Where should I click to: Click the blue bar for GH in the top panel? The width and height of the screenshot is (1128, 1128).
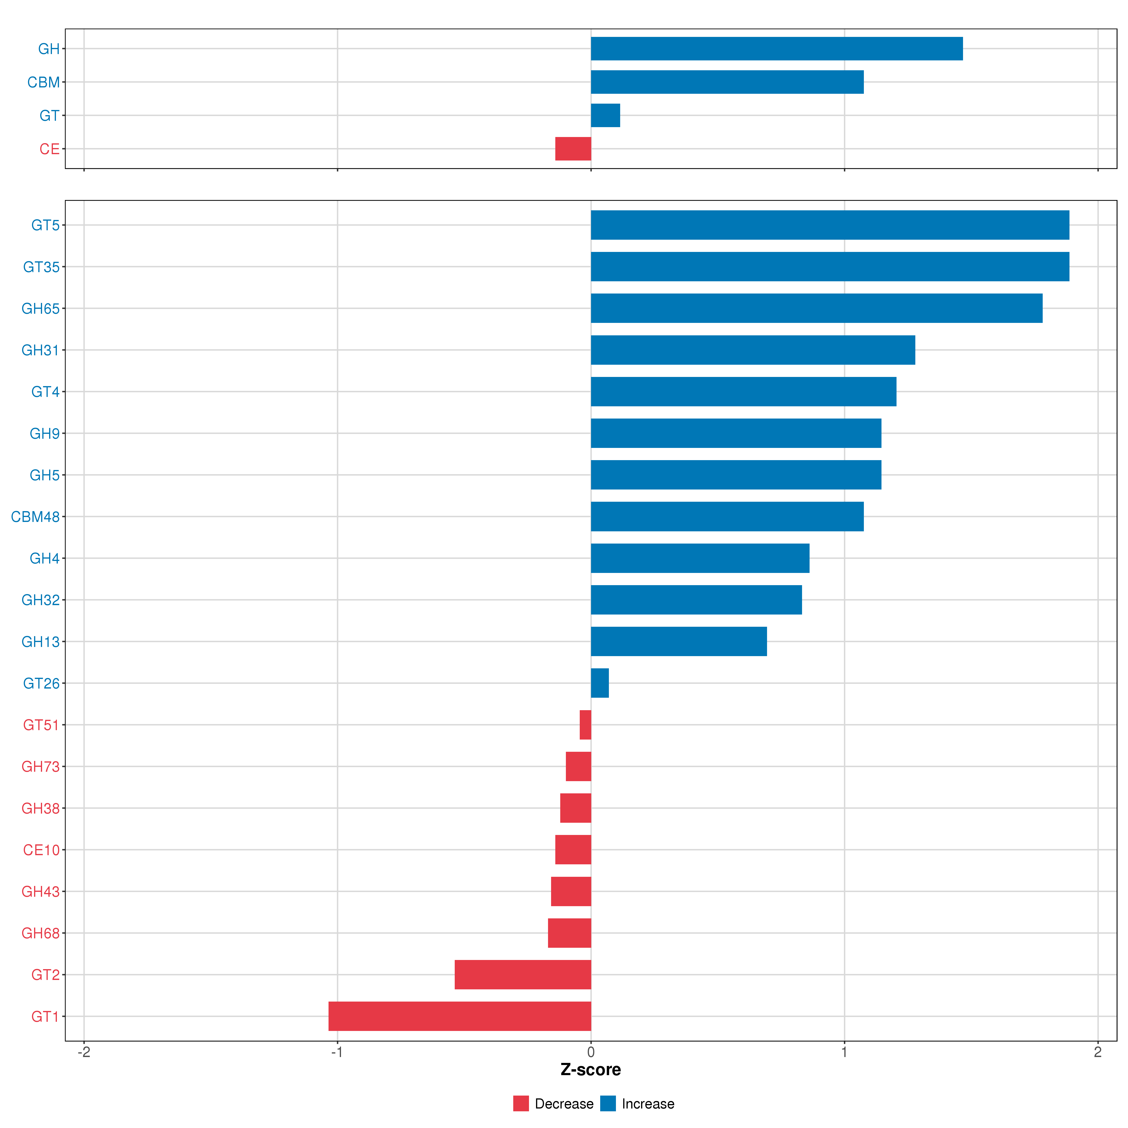pos(776,48)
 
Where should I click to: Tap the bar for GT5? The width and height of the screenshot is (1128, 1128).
pos(830,225)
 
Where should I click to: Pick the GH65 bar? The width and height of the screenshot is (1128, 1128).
pos(816,308)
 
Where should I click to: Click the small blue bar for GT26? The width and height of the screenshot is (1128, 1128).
pos(600,683)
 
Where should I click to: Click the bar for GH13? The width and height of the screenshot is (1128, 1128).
pos(678,642)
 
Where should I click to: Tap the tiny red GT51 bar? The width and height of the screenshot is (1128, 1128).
pos(585,725)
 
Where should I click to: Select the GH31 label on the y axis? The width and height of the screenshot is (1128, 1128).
pos(40,350)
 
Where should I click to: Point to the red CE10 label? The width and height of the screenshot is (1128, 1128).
pos(41,850)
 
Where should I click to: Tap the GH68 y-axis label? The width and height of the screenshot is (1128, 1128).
pos(40,933)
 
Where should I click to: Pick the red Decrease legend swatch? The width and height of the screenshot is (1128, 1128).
pos(521,1104)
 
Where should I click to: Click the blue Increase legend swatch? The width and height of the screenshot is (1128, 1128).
pos(608,1104)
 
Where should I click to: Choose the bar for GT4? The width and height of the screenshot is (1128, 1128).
pos(743,392)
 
